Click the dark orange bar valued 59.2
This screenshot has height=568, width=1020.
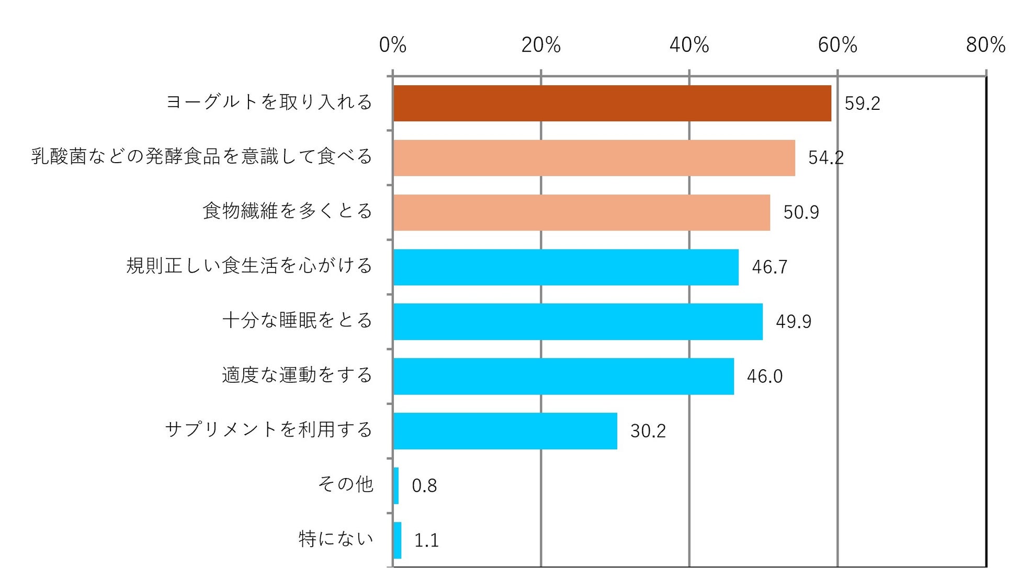[x=612, y=104]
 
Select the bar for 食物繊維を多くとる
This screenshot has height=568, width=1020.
[x=581, y=212]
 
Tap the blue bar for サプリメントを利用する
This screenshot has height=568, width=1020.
[x=505, y=431]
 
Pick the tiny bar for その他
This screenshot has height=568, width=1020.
[x=396, y=485]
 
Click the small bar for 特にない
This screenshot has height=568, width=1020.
[x=397, y=540]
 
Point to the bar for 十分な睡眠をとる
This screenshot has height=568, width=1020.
[x=577, y=322]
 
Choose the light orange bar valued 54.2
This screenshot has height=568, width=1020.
[x=594, y=158]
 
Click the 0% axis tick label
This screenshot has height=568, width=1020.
[x=392, y=46]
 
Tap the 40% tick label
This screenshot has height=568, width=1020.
[x=689, y=46]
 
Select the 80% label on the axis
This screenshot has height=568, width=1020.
[x=985, y=46]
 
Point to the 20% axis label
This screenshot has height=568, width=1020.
[x=541, y=46]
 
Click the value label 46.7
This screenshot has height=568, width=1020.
[x=769, y=267]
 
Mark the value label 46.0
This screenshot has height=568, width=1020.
[x=764, y=377]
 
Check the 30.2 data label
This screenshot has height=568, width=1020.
[x=648, y=431]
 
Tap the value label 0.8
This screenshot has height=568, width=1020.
[x=424, y=486]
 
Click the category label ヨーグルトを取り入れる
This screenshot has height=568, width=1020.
[x=269, y=102]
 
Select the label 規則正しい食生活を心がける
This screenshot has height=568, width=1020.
[x=249, y=266]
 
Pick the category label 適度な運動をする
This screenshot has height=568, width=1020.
[x=297, y=375]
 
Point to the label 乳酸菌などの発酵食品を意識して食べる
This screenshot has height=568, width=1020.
[x=201, y=156]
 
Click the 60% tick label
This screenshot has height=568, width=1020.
[x=837, y=46]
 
